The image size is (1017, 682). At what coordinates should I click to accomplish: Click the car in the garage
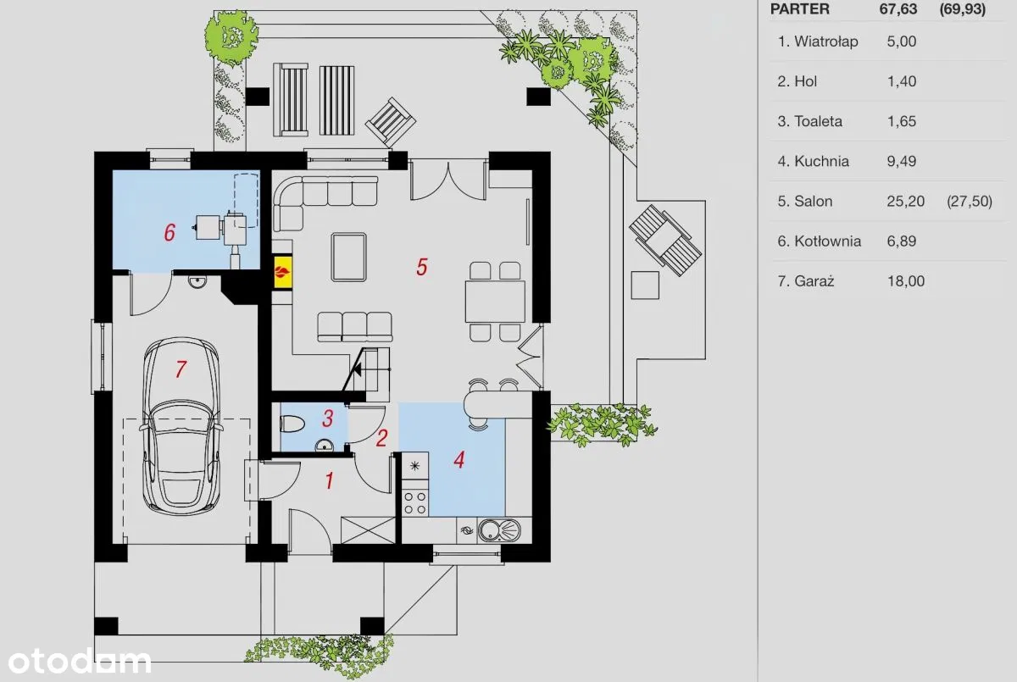coord(181,426)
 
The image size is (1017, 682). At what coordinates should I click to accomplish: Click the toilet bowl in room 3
coord(292,424)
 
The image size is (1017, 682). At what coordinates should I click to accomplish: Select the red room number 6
coord(169,232)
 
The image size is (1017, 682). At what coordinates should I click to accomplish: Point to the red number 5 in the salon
coord(422,267)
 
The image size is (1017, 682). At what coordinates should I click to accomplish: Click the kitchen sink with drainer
coord(499,530)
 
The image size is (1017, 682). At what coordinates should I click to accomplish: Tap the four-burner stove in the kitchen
coord(415,502)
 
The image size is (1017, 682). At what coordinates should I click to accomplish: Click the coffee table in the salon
coord(348,258)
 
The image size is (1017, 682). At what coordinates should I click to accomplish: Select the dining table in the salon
coord(495,302)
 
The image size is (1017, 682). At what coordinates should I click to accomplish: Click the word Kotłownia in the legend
coord(827,241)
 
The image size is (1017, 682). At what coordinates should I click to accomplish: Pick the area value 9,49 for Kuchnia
coord(901,161)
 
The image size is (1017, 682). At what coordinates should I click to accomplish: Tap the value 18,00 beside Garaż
coord(906,281)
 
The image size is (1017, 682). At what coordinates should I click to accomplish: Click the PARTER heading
coord(799,8)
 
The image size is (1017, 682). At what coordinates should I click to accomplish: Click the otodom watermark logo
coord(80,662)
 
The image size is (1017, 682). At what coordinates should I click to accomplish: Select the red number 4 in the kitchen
coord(459,460)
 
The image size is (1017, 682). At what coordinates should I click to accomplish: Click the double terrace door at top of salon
coord(448,180)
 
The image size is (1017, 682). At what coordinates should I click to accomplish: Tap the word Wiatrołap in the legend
coord(825,42)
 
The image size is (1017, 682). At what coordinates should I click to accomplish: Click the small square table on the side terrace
coord(645,285)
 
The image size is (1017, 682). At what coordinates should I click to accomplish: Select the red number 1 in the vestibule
coord(330,480)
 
